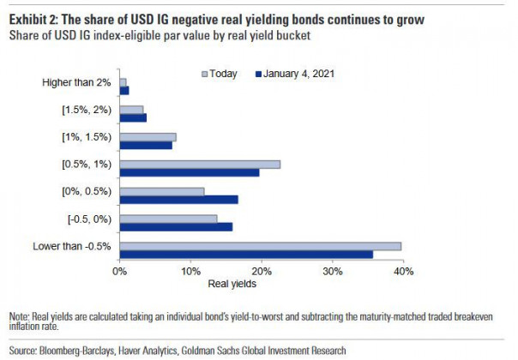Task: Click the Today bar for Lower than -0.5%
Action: point(261,246)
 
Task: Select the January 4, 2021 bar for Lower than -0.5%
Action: point(246,255)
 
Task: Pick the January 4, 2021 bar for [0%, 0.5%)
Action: point(179,200)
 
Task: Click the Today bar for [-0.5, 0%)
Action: point(169,219)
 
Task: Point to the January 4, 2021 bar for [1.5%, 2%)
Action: point(133,117)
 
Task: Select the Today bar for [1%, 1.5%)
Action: point(148,136)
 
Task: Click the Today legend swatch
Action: point(203,74)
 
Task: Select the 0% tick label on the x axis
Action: point(120,271)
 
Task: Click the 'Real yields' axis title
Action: point(232,284)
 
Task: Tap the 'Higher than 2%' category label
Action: point(78,82)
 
